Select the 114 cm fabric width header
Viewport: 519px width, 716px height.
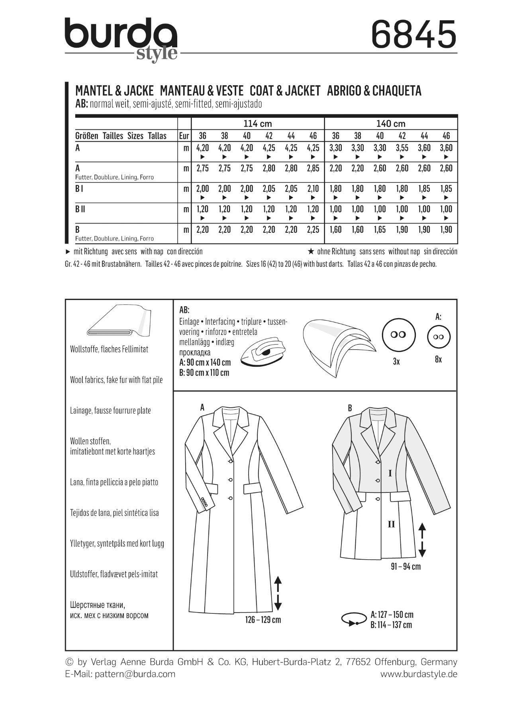pos(258,124)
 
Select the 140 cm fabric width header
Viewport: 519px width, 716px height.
pos(391,124)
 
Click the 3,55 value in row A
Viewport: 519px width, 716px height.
pos(402,148)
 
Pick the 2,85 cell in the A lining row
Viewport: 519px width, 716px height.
pos(313,168)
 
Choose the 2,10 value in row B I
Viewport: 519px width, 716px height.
pos(313,189)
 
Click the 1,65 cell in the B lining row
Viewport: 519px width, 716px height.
pos(380,230)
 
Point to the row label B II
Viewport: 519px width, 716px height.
pos(80,209)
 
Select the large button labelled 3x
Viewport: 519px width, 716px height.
pos(398,335)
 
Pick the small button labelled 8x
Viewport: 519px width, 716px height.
pos(439,337)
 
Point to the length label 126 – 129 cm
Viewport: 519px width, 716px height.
pos(263,620)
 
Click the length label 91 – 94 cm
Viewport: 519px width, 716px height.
pos(405,566)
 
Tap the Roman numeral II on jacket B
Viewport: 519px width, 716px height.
pos(391,524)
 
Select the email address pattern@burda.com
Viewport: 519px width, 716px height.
pos(135,674)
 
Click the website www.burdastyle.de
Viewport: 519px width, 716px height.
pos(419,674)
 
